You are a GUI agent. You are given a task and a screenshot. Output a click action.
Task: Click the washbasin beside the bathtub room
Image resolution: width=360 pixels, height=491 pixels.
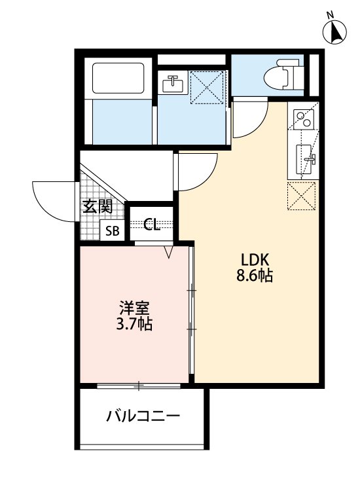coord(173,84)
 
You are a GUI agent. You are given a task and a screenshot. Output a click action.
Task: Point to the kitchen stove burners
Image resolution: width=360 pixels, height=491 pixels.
coord(303,118)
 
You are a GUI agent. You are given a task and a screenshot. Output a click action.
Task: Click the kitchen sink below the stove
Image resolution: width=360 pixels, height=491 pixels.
coord(306,158)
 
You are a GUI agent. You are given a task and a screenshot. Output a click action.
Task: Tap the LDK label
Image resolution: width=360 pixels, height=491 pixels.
coord(254,258)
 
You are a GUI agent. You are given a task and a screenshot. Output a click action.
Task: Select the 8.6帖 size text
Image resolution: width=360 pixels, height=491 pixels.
coord(254,276)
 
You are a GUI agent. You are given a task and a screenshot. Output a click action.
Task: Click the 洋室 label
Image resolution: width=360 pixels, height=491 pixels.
coord(135,306)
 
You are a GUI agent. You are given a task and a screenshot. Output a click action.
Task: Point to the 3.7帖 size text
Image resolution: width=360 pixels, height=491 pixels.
coord(135,324)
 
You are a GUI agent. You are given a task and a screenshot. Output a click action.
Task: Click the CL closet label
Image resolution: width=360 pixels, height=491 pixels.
coord(151,226)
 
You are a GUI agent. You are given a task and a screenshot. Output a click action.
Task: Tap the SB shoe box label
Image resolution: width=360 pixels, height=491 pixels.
coord(113,230)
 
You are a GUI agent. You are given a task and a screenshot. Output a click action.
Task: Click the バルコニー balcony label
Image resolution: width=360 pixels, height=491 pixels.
coord(143,416)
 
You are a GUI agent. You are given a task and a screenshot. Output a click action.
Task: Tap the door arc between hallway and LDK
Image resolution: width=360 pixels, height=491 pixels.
coord(196,172)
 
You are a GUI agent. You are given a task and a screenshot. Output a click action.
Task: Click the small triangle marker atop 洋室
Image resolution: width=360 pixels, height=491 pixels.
coord(168,251)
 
